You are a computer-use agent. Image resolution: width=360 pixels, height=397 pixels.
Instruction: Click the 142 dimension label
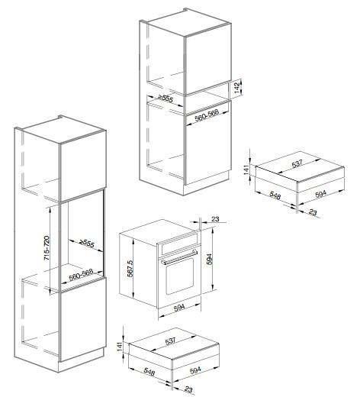coord(238,88)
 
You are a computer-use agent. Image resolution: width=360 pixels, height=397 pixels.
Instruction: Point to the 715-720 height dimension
coord(47,248)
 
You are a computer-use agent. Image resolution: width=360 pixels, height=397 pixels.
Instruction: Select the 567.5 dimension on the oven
coord(130,268)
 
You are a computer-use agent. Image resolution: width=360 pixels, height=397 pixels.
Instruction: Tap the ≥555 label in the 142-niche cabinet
coord(166,98)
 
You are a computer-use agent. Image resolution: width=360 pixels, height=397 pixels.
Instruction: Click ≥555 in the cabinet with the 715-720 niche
coord(86,244)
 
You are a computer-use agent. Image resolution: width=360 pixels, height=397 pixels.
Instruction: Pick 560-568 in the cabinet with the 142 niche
coord(207,115)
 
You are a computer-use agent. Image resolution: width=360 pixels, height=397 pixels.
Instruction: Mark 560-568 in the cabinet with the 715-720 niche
coord(81,275)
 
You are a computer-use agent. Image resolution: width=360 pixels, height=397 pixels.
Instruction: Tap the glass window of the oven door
coord(179,276)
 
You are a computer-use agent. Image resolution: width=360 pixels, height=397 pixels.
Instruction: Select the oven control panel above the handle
coord(178,245)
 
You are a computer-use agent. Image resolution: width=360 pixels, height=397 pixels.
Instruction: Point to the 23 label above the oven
coord(215,219)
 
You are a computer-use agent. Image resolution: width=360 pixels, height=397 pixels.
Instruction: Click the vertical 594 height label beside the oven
coord(210,259)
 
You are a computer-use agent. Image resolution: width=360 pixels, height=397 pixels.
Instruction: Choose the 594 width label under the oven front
coord(179,308)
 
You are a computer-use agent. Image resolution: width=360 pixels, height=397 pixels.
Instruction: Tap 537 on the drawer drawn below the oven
coord(170,341)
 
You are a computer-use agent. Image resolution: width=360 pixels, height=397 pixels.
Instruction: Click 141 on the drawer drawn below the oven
coord(120,347)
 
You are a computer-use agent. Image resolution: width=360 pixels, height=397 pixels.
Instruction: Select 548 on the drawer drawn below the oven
coord(149,372)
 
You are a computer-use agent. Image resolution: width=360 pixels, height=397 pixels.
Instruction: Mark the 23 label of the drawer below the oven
coord(188,389)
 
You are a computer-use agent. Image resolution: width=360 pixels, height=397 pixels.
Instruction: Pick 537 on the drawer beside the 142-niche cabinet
coord(297,163)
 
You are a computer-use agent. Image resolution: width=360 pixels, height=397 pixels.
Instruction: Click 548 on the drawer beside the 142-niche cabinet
coord(275,195)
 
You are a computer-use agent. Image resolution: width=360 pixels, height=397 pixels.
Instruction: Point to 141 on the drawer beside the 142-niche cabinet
coord(246,169)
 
